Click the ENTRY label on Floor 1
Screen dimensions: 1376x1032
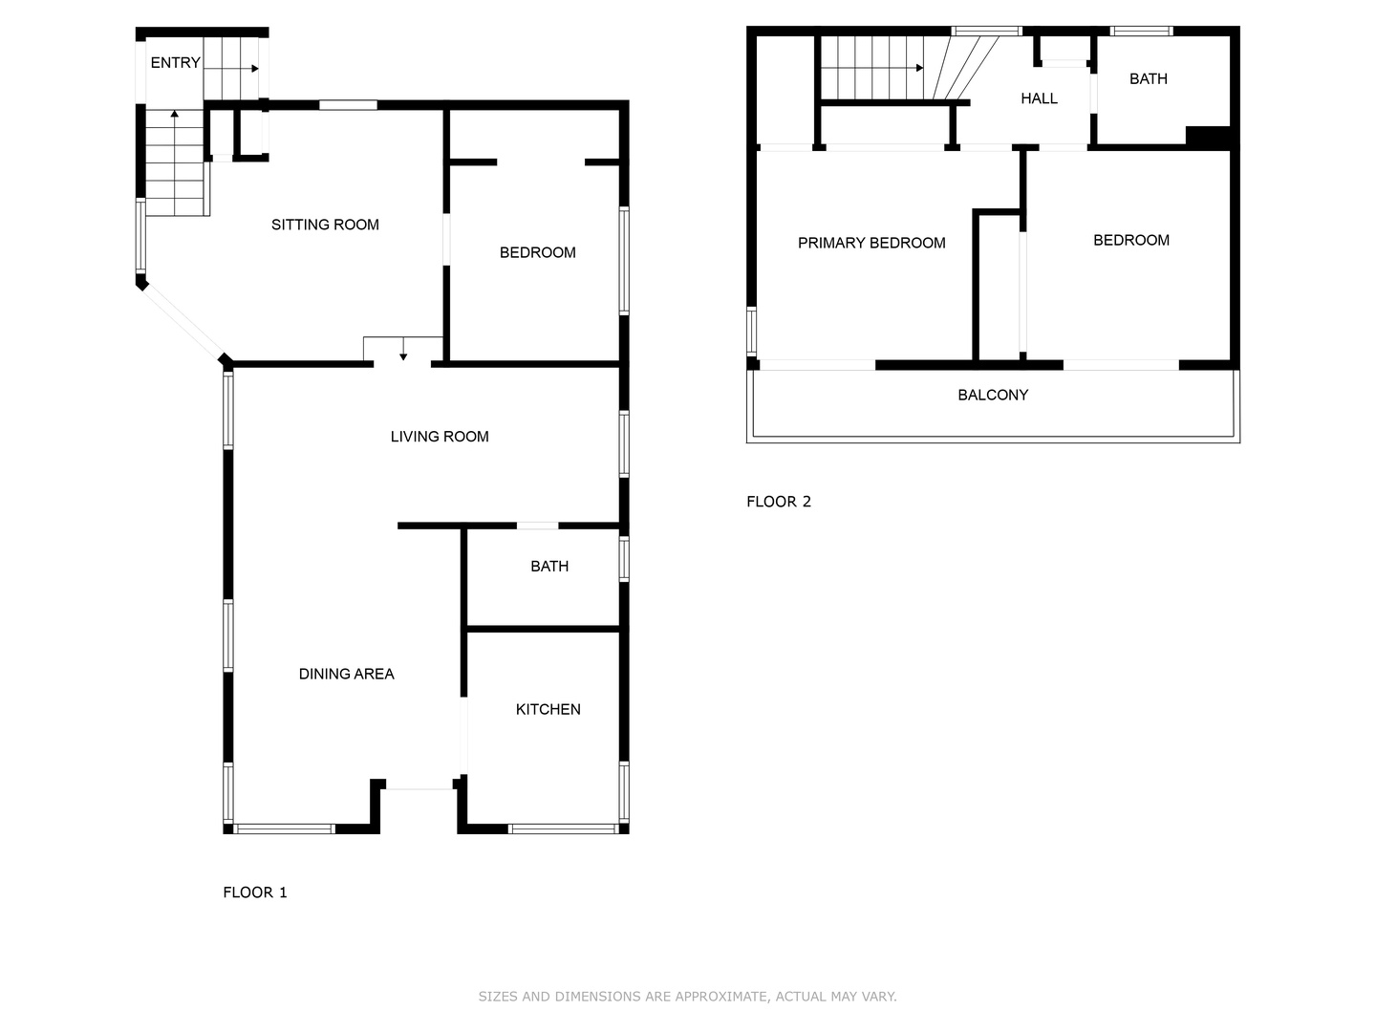175,63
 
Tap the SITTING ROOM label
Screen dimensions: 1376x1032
325,225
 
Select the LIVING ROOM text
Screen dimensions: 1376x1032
440,436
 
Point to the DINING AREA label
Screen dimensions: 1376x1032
346,674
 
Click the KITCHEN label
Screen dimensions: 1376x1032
548,709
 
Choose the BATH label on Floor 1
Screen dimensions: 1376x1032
549,567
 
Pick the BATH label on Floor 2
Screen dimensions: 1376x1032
1148,79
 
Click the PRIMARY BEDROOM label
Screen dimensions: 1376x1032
871,243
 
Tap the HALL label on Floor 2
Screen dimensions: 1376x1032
1039,98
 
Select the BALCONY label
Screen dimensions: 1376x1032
993,395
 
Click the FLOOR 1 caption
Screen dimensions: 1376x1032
254,892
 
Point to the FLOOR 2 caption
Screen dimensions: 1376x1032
779,502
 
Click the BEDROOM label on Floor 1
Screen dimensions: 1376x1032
537,252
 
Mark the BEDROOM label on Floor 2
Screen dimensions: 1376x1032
1130,240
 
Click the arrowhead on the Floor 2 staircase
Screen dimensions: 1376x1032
919,68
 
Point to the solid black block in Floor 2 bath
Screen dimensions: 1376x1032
1208,138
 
